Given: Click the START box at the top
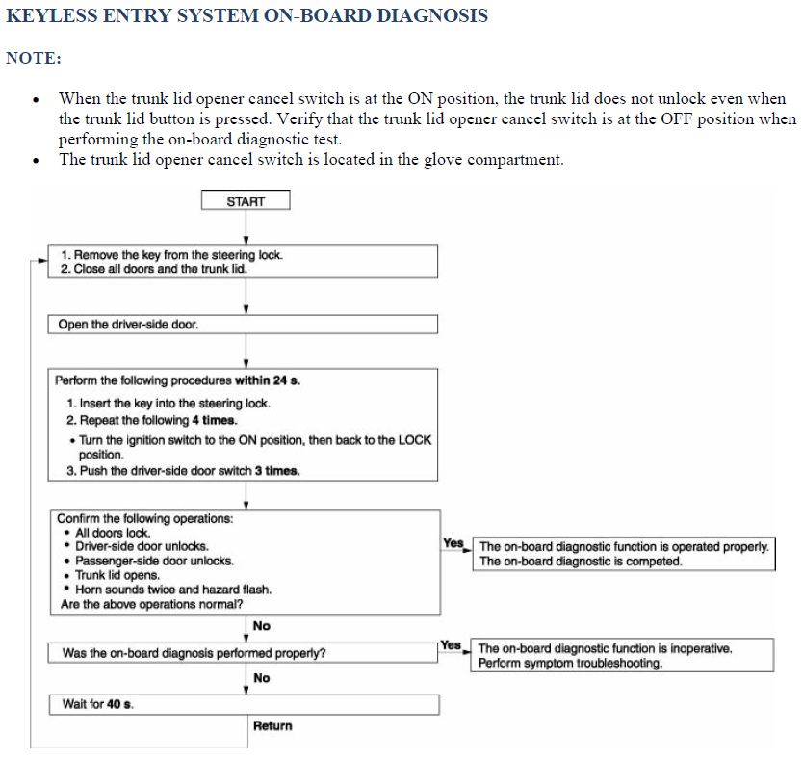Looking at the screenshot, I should tap(246, 201).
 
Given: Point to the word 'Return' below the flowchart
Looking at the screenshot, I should tap(272, 725).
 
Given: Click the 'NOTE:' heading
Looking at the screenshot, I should tap(34, 58).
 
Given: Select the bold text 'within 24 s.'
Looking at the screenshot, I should tap(268, 380).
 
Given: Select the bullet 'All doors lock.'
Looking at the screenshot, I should tap(113, 533).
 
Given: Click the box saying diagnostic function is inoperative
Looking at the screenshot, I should tap(623, 656).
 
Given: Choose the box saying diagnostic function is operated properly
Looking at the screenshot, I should tap(623, 554).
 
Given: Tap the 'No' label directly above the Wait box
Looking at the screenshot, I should tap(261, 678).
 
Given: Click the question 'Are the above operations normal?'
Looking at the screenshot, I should tap(151, 604).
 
